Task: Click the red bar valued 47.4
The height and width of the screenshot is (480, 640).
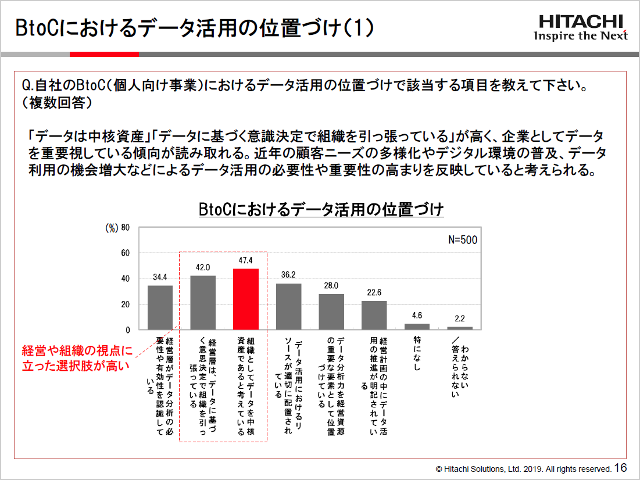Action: (x=245, y=299)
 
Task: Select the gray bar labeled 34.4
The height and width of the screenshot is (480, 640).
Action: (x=160, y=307)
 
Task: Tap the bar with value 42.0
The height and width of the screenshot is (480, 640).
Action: (x=203, y=303)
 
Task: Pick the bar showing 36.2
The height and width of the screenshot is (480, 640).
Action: (x=288, y=306)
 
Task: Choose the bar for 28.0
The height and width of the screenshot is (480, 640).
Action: (x=331, y=311)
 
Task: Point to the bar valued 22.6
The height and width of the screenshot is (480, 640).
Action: (x=374, y=315)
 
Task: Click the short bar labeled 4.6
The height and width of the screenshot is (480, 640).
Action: (x=417, y=327)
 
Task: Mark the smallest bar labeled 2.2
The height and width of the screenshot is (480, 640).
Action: (x=459, y=328)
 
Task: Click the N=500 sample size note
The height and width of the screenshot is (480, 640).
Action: (x=463, y=240)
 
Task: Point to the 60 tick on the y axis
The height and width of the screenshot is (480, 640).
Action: (x=124, y=253)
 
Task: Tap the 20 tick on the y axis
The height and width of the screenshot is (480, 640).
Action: (x=124, y=305)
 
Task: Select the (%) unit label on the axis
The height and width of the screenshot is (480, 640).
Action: (x=111, y=228)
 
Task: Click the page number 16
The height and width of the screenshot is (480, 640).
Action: (x=620, y=468)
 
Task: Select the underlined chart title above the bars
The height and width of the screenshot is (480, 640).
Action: (x=321, y=209)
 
